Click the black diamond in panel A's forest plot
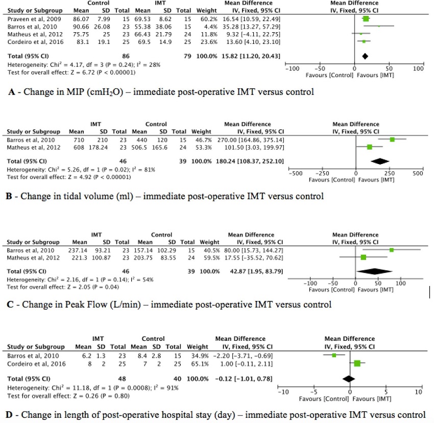tap(365, 55)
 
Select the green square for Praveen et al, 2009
tap(366, 19)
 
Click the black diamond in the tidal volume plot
tap(379, 161)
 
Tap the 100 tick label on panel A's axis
tap(419, 68)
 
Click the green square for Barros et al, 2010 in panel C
tap(392, 250)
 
